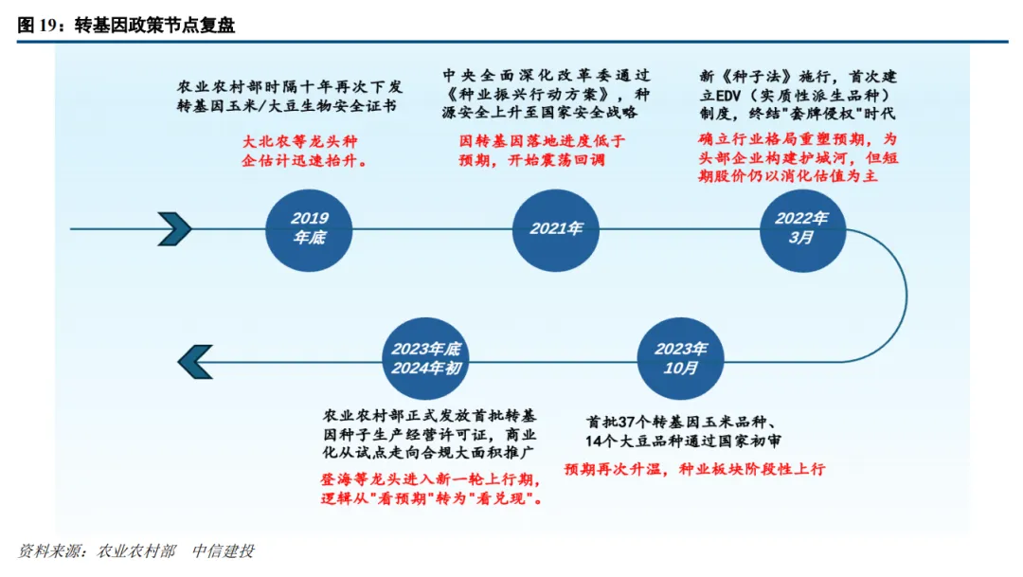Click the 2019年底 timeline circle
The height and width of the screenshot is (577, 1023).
pos(310,228)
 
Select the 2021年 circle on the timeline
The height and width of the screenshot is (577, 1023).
pos(557,228)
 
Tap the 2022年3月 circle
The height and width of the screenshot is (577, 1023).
pos(801,228)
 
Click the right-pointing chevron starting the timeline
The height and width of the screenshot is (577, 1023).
pos(176,228)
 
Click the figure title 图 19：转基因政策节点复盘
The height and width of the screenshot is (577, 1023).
pos(126,26)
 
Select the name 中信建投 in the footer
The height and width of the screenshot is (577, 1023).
pos(224,551)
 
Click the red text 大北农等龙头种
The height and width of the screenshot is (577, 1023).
pos(304,141)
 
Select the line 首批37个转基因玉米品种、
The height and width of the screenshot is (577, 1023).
pos(682,421)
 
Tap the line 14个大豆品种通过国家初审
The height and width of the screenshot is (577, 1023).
pos(682,441)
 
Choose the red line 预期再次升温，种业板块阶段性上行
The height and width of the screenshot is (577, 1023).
pos(694,469)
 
